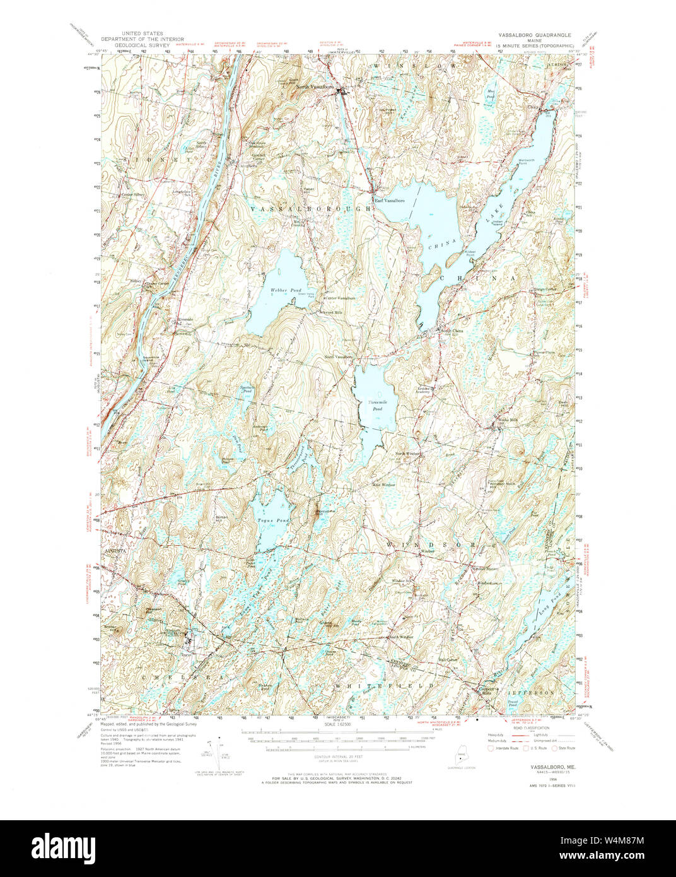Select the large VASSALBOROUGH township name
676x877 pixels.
coord(311,208)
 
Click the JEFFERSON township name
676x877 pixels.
coord(531,693)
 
